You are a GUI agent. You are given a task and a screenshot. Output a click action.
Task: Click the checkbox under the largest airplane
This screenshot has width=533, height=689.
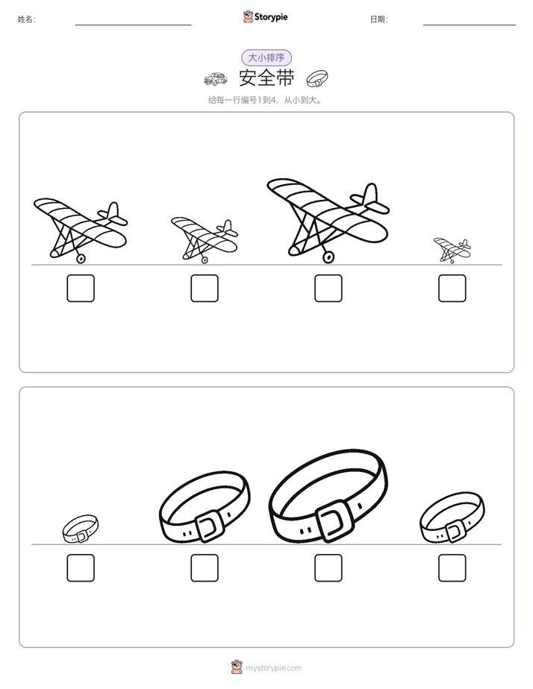[x=328, y=289]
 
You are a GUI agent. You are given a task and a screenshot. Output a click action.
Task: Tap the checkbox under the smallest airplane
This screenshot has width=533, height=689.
[x=452, y=289]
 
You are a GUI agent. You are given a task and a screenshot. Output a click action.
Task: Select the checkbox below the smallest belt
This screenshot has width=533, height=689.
[x=81, y=567]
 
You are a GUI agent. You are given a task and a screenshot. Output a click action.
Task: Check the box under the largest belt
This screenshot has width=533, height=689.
[x=328, y=567]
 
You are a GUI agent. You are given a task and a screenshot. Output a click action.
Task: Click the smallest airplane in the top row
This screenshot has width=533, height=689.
[x=452, y=251]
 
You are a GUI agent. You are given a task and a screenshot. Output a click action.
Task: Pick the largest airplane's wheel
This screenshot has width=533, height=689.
[x=328, y=257]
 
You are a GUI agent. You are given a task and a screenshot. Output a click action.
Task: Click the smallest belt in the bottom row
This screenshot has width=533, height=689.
[x=81, y=529]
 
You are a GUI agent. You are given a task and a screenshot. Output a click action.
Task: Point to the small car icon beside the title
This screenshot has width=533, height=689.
[x=216, y=79]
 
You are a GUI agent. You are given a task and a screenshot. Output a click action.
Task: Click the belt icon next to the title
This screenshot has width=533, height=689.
[x=317, y=78]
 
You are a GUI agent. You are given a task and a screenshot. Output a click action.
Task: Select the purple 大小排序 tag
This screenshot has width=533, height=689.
[x=266, y=57]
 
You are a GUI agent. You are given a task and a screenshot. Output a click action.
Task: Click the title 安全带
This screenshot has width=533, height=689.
[x=266, y=78]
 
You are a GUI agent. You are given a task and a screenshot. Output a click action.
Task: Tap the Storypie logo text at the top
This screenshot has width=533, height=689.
[x=271, y=17]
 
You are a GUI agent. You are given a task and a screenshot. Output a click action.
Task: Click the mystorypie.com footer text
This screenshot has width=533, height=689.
[x=273, y=668]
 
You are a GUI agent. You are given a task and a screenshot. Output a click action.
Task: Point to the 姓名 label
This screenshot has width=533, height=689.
[x=26, y=19]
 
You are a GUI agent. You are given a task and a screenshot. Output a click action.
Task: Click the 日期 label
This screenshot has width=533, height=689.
[x=378, y=19]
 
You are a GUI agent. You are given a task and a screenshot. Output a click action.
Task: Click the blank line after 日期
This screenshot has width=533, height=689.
[x=470, y=25]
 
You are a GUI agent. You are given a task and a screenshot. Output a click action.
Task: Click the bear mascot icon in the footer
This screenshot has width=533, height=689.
[x=237, y=667]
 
